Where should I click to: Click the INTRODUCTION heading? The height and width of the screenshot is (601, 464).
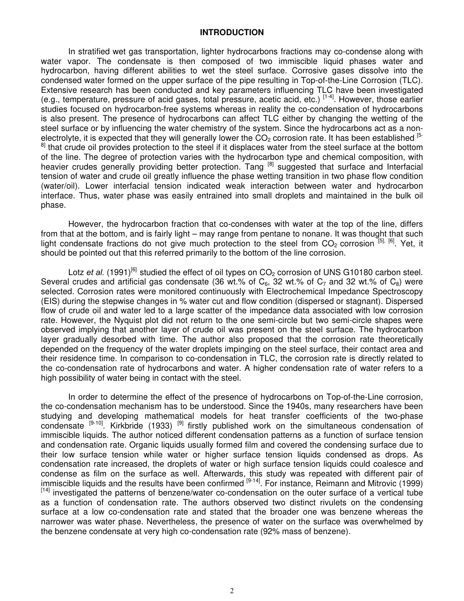[x=232, y=33]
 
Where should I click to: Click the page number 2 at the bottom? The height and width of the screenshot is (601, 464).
[x=232, y=590]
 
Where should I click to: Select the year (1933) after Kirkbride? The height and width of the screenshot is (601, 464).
[x=161, y=426]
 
